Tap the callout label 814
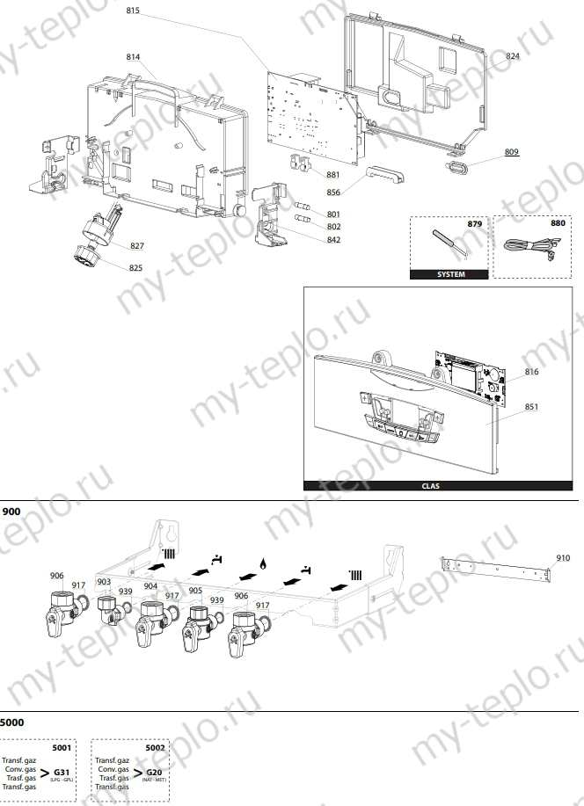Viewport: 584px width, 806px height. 133,56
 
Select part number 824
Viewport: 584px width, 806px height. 513,55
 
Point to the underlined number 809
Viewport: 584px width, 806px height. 511,152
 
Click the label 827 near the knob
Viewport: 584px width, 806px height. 137,245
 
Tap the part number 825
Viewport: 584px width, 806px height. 135,267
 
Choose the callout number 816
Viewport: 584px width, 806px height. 531,373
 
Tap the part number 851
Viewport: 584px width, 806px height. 531,407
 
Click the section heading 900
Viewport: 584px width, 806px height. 12,512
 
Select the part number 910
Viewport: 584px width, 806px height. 563,557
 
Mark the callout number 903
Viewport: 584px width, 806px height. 104,582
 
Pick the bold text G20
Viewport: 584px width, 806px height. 154,773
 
